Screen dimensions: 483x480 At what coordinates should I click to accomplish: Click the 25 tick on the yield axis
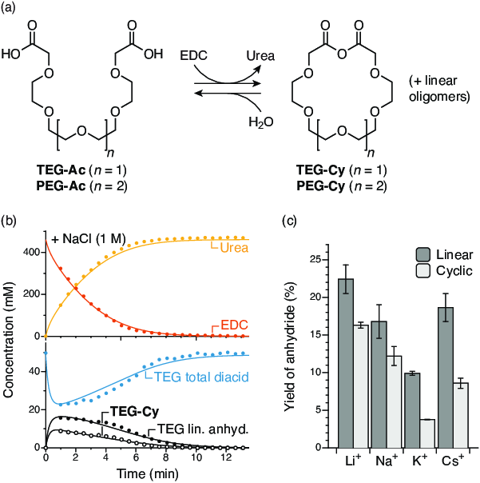point(321,260)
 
